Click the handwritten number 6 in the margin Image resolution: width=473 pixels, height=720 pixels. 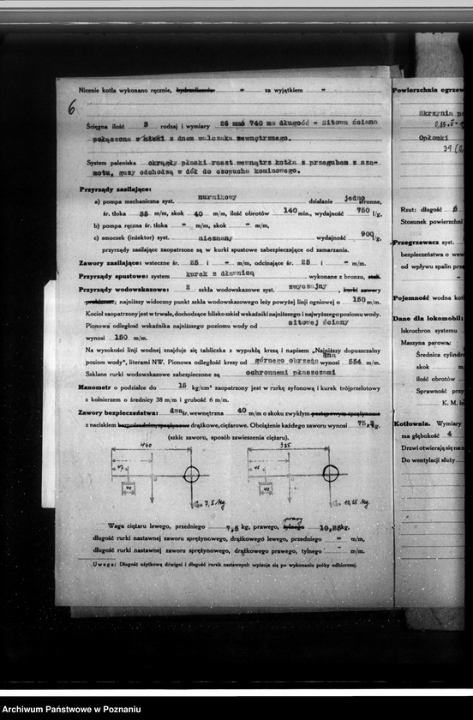(x=71, y=107)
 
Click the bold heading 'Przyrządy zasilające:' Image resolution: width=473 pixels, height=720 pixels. (x=104, y=188)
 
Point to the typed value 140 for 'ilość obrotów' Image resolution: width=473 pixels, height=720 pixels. (x=290, y=210)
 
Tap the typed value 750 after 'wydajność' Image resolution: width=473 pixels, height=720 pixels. (x=363, y=210)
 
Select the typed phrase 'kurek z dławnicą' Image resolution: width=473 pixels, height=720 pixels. (x=209, y=276)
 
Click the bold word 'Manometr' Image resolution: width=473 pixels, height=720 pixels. (x=96, y=387)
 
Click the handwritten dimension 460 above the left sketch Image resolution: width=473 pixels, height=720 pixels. (x=145, y=446)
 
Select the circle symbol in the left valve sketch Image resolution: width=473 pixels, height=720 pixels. (x=190, y=474)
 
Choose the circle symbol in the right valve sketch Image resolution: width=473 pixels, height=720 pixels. (x=330, y=473)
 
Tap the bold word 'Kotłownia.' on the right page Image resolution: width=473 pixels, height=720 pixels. (x=411, y=423)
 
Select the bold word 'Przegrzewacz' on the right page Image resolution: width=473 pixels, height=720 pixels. (x=416, y=243)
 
